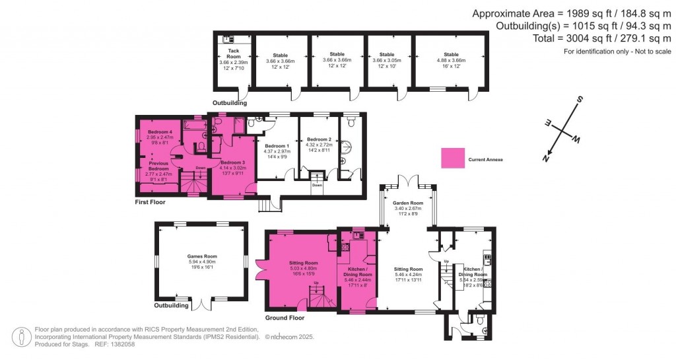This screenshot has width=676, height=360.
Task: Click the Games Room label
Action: (x=201, y=257)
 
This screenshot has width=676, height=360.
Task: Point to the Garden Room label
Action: (x=407, y=203)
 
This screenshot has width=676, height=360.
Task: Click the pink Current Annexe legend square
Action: (x=452, y=159)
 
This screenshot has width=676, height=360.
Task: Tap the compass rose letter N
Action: (x=545, y=157)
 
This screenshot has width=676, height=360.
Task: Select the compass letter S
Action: (x=580, y=100)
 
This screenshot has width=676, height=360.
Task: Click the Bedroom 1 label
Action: (x=277, y=146)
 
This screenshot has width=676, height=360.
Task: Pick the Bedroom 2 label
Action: (x=319, y=140)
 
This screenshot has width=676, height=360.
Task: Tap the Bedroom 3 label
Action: (x=232, y=162)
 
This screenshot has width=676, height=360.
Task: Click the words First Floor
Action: (x=150, y=202)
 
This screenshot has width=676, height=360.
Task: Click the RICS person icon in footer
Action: (x=24, y=336)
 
